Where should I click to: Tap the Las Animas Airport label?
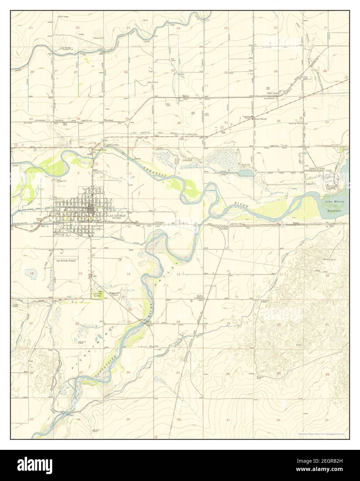[x=66, y=261]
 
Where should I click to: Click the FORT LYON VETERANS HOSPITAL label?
[x=318, y=171]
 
